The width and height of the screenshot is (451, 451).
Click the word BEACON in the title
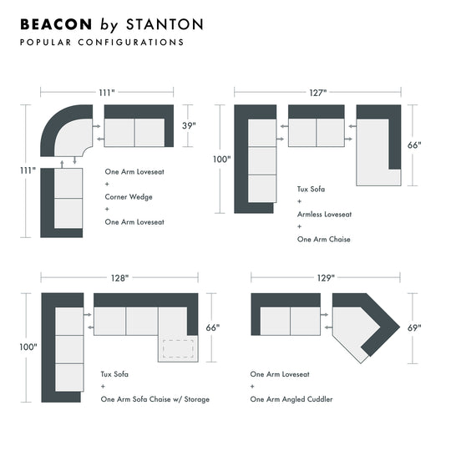(x=55, y=23)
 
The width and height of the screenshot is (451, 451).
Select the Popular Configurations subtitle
(x=101, y=42)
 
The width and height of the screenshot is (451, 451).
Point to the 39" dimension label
(x=190, y=126)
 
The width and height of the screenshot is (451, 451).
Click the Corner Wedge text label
(x=129, y=197)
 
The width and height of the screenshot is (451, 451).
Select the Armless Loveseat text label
(x=324, y=214)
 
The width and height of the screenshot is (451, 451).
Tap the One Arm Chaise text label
(x=324, y=239)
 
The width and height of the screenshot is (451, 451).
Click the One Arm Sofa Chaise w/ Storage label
(x=155, y=399)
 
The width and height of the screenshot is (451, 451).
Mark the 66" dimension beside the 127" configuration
(x=415, y=144)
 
